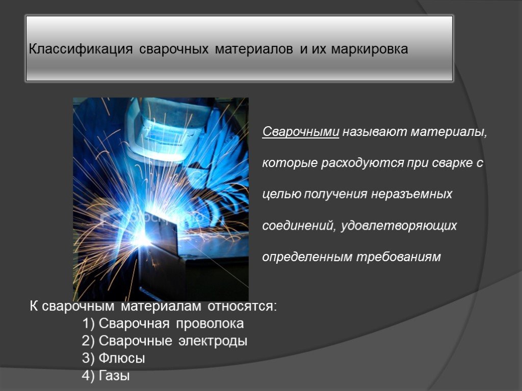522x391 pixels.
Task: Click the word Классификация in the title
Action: (81, 49)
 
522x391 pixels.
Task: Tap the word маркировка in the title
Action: (370, 49)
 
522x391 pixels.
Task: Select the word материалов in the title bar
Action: (254, 49)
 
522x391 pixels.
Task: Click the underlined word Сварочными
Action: (301, 132)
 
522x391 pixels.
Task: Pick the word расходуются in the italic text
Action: (363, 163)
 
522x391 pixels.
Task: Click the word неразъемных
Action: (411, 194)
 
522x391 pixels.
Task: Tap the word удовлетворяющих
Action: (399, 226)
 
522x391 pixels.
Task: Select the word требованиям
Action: (399, 257)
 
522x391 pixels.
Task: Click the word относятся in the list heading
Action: (242, 306)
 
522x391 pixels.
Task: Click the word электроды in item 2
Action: (213, 341)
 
